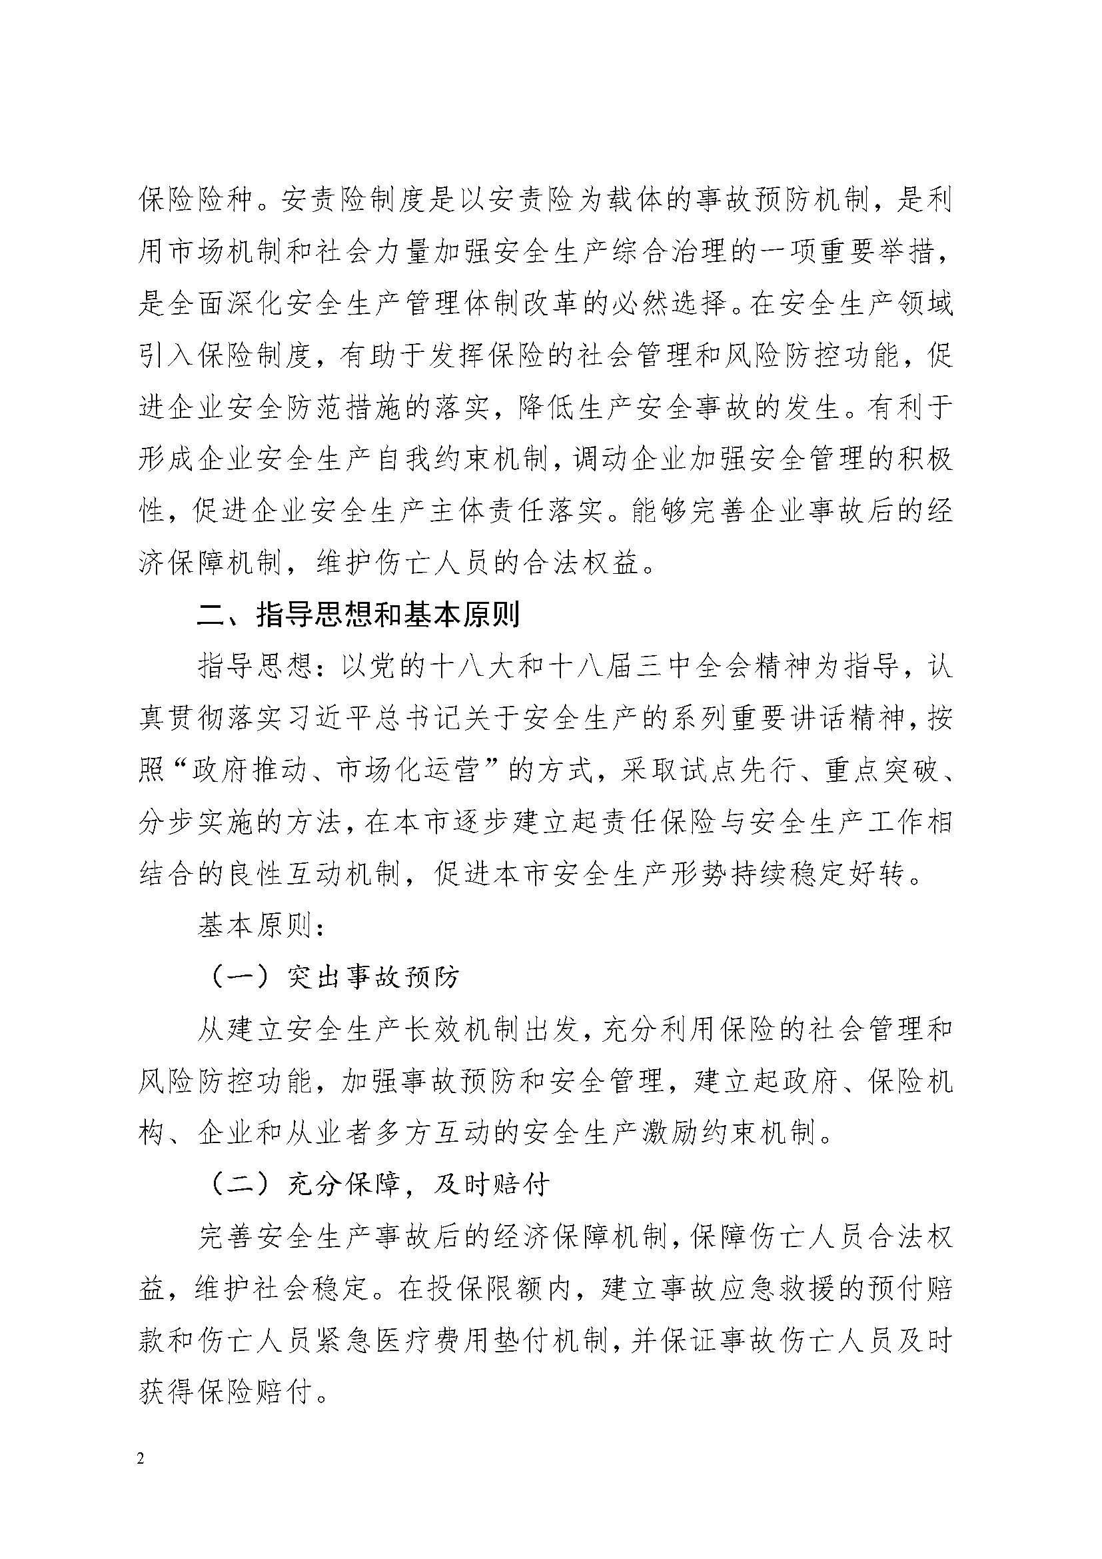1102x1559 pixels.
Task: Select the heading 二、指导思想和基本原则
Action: coord(358,615)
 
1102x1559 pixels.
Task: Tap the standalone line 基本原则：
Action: coord(261,926)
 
